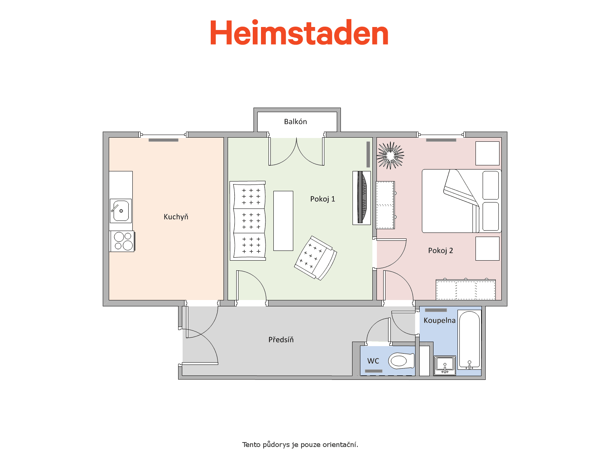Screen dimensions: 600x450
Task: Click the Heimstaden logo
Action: (299, 32)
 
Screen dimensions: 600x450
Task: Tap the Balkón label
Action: (295, 121)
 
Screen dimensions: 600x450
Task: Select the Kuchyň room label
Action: (176, 217)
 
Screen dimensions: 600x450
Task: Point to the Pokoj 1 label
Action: (322, 199)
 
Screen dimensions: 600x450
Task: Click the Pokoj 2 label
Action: (440, 250)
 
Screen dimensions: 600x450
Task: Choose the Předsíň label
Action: (281, 339)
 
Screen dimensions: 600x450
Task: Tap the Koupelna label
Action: (439, 321)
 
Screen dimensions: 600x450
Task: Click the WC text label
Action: (373, 361)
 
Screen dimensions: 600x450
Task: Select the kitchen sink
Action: (120, 211)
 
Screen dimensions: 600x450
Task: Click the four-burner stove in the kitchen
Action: (123, 241)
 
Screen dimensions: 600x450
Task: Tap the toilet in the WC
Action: (401, 361)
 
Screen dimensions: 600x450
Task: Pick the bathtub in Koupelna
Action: (469, 340)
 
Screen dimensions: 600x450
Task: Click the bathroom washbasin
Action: (445, 365)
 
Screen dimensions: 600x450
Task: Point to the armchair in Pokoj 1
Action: (316, 258)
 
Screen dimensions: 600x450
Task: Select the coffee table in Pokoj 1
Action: (283, 221)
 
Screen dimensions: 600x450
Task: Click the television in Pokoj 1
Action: (361, 198)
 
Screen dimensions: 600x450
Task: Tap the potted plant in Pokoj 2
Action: (390, 156)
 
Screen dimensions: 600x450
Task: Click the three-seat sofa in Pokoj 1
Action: (248, 221)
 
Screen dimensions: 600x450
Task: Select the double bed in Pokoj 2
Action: (462, 201)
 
